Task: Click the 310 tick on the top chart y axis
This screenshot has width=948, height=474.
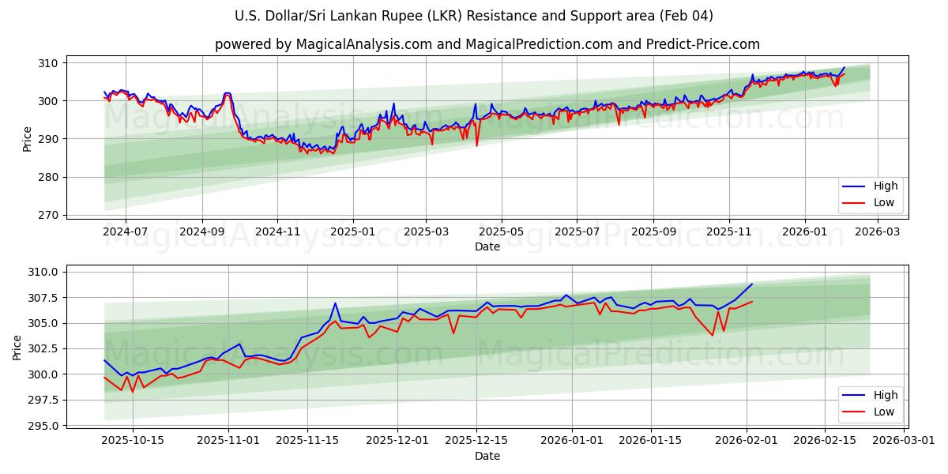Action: click(x=50, y=63)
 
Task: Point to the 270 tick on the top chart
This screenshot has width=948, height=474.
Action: click(x=50, y=215)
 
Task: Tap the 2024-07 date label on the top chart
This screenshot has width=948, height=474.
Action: click(x=126, y=232)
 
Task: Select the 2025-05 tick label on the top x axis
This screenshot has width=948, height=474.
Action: click(x=502, y=232)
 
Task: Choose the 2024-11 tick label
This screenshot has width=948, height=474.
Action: click(x=277, y=232)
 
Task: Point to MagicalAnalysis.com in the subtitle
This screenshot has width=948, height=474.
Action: click(x=358, y=44)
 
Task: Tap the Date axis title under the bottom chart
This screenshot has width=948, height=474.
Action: click(x=487, y=456)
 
